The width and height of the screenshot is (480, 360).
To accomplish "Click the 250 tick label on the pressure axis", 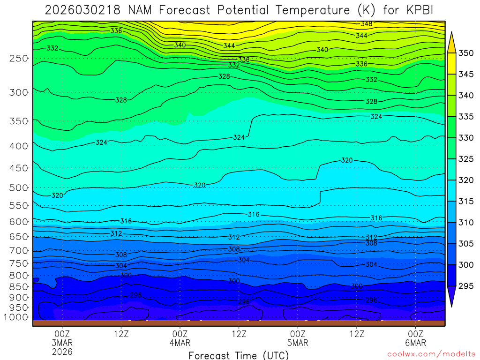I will point(18,59).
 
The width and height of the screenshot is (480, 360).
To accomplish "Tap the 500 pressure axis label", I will point(18,188).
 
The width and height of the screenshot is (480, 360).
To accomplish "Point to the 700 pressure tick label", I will point(18,250).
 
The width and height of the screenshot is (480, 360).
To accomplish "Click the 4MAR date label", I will point(180,343).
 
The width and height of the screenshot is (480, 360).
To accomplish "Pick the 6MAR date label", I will point(416,343).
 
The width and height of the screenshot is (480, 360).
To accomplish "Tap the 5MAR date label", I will point(298,343).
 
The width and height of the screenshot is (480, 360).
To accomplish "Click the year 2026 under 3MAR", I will point(62,352).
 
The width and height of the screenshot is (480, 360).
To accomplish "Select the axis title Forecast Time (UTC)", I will point(239,355).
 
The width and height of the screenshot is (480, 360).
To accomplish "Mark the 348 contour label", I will point(367,24).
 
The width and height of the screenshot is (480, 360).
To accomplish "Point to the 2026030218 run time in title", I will point(83,10).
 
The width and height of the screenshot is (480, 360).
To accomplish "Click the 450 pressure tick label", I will point(18,168).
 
